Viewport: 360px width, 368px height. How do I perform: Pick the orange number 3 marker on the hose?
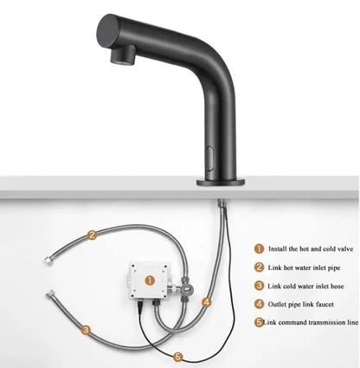(87, 330)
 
